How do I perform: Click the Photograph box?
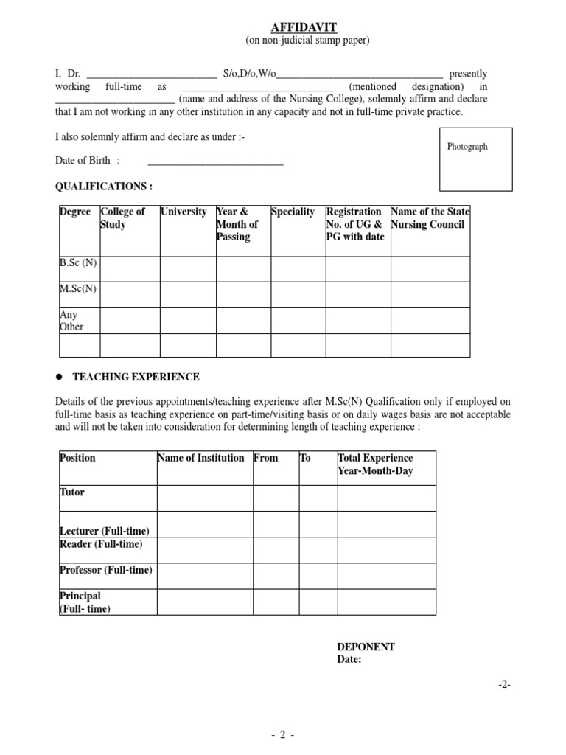tap(467, 159)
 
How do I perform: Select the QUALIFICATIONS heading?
tap(104, 187)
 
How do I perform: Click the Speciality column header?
tap(293, 212)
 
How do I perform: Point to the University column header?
tap(184, 212)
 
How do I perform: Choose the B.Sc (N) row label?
tap(77, 263)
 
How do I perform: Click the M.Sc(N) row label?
tap(77, 289)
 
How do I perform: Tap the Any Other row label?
tap(71, 321)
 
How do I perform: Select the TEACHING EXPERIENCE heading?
tap(136, 377)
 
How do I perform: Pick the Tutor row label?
tap(71, 493)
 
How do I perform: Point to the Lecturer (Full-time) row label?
tap(104, 531)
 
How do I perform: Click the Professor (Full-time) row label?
tap(105, 570)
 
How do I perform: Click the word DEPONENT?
tap(366, 647)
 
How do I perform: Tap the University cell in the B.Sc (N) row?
tap(187, 269)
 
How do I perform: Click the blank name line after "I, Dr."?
tap(152, 74)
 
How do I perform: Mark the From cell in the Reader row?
tap(274, 549)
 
